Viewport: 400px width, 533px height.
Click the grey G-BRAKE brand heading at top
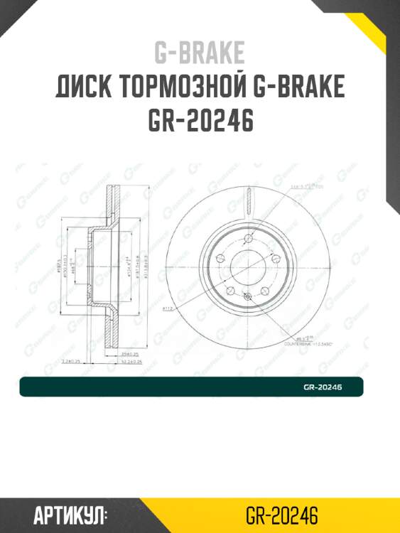pos(200,53)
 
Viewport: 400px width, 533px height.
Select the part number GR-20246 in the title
pos(200,122)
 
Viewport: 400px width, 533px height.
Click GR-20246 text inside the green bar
pos(323,387)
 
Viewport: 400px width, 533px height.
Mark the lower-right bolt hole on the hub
pos(264,289)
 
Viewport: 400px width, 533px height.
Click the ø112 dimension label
pos(169,308)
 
